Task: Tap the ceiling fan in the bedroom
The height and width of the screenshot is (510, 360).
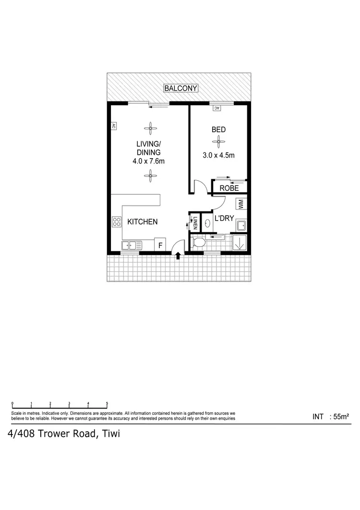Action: (x=218, y=142)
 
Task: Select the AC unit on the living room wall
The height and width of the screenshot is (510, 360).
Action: (x=114, y=126)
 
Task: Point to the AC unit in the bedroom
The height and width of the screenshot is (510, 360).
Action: (x=216, y=108)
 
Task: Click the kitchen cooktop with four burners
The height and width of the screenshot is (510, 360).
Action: (x=117, y=222)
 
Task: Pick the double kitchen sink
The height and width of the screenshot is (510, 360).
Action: (x=131, y=246)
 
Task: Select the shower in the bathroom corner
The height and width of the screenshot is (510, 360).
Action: (x=240, y=243)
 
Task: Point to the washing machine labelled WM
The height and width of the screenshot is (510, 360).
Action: (x=240, y=204)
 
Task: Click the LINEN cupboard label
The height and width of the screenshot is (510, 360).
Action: (x=195, y=223)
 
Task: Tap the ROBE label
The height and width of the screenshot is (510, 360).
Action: (x=229, y=188)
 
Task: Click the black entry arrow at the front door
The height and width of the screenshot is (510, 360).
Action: (x=179, y=256)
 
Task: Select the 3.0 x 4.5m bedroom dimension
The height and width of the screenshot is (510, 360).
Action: (x=218, y=155)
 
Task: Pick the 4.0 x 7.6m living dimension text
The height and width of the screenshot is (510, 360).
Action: (x=149, y=162)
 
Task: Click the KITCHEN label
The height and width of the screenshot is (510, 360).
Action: (x=142, y=222)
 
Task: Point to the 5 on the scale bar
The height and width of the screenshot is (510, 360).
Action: (x=107, y=403)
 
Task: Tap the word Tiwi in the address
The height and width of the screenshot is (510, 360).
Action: (x=109, y=434)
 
